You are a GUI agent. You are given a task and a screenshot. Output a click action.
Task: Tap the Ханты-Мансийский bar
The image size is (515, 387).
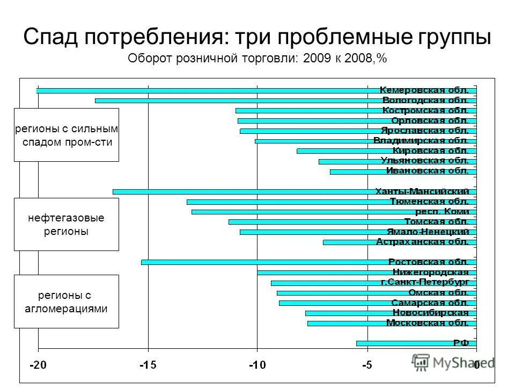pyautogui.click(x=241, y=191)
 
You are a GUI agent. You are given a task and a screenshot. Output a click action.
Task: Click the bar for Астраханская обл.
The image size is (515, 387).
pyautogui.click(x=349, y=242)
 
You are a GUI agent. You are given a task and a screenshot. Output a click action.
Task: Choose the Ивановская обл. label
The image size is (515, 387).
pyautogui.click(x=428, y=171)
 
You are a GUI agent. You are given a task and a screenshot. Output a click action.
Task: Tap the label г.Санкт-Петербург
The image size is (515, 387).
pyautogui.click(x=425, y=282)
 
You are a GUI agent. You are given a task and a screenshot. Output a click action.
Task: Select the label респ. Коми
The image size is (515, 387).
pyautogui.click(x=443, y=212)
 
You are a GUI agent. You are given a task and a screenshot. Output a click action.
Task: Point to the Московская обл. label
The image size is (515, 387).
pyautogui.click(x=428, y=323)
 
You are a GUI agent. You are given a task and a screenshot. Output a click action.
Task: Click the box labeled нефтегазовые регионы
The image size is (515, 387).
pyautogui.click(x=66, y=224)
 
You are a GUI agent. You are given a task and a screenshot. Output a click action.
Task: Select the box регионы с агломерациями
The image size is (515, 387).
pyautogui.click(x=66, y=302)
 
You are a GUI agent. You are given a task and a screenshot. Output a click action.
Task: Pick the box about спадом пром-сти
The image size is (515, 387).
pyautogui.click(x=66, y=135)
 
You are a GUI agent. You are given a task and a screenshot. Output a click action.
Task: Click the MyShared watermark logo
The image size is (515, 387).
pyautogui.click(x=453, y=362)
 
